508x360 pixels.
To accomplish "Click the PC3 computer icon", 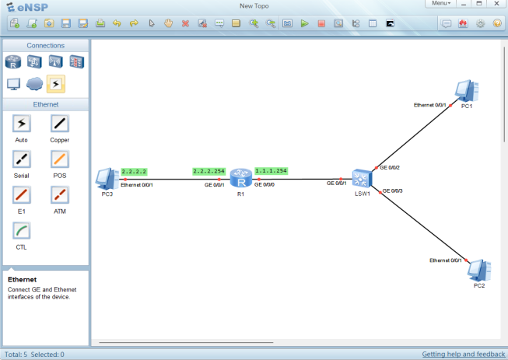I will [x=104, y=179].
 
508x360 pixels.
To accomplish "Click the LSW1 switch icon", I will [x=361, y=179].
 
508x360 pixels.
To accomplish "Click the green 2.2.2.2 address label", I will [x=135, y=171].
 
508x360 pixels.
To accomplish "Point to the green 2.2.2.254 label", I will [x=208, y=171].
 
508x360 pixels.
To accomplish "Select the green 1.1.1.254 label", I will [x=272, y=171].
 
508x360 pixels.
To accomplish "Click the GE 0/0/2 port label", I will [x=390, y=167].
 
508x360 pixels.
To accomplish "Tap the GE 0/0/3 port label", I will [x=391, y=190].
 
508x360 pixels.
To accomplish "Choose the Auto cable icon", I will [x=22, y=124].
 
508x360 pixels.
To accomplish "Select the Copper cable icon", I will [x=60, y=124].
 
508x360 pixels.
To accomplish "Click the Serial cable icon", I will [x=22, y=159].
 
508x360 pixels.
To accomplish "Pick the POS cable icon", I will [x=60, y=159].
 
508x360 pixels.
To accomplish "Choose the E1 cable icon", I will [x=22, y=195].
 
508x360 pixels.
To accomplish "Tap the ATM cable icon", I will [x=60, y=195].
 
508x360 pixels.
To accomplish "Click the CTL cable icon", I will [x=22, y=231].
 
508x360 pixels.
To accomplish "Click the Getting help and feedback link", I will [x=463, y=355].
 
